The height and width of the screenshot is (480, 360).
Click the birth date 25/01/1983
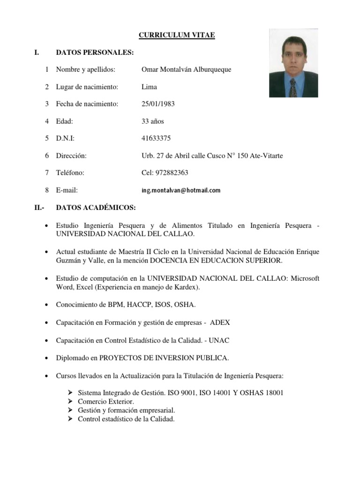[158, 104]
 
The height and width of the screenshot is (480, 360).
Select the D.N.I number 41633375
[156, 138]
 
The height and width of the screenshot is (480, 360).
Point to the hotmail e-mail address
[180, 190]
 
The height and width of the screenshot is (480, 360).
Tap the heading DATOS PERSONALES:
[92, 52]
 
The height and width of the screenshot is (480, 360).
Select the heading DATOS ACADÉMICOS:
[96, 207]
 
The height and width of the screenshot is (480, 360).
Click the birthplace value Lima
[149, 87]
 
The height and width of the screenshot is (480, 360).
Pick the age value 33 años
[153, 121]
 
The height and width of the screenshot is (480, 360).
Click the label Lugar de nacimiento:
[87, 87]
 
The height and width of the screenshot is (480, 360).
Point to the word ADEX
[220, 322]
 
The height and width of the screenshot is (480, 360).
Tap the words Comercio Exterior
[106, 402]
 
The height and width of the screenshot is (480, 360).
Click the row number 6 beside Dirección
[47, 155]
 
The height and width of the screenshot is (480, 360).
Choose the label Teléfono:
[70, 172]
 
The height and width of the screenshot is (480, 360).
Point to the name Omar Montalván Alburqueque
[186, 69]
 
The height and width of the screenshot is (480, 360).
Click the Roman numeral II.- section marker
[39, 207]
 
